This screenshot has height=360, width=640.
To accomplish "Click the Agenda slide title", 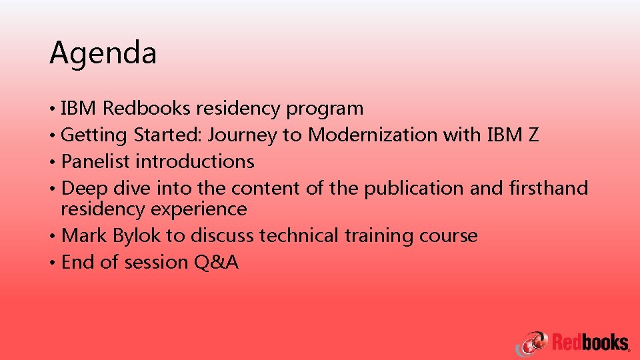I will [x=103, y=53].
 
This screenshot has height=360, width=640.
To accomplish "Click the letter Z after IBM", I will [x=533, y=135].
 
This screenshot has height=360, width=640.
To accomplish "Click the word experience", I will [x=199, y=209].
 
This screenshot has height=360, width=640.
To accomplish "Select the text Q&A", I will [x=216, y=262].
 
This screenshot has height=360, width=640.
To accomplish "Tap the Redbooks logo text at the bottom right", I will [x=590, y=343].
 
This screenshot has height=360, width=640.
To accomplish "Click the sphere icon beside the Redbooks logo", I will [x=534, y=343].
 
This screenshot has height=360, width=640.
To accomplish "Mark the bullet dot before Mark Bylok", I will [x=52, y=236].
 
